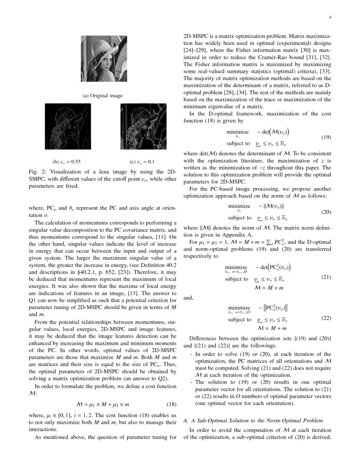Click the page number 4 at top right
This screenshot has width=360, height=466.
329,17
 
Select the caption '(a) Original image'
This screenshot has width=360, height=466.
102,96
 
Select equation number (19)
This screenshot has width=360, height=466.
326,137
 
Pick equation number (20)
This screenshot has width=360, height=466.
326,212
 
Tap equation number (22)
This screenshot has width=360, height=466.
326,318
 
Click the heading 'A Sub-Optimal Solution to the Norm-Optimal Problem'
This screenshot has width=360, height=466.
255,421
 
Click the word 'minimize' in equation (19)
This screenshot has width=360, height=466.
238,132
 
